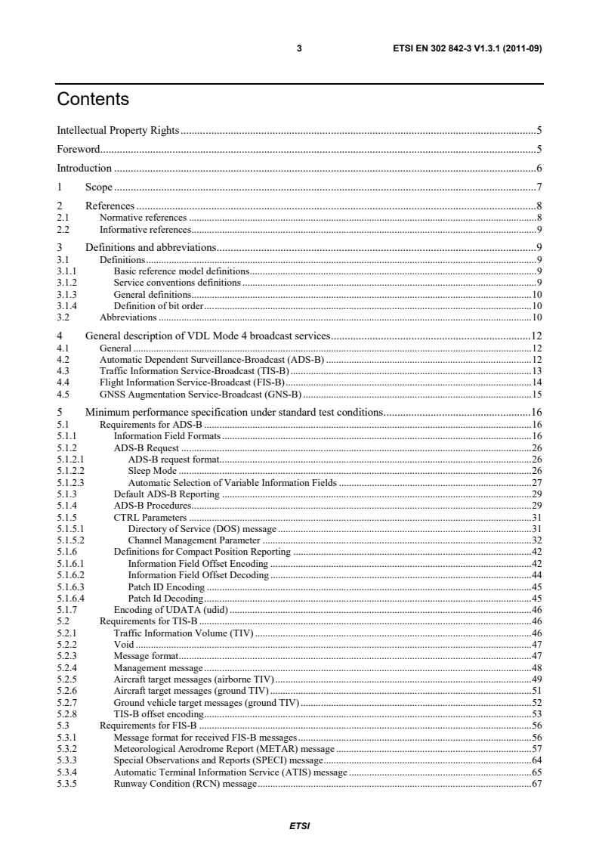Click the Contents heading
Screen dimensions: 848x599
93,100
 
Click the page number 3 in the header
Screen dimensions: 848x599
299,49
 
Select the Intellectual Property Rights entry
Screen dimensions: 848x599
118,130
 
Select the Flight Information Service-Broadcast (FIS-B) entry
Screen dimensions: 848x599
197,382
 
